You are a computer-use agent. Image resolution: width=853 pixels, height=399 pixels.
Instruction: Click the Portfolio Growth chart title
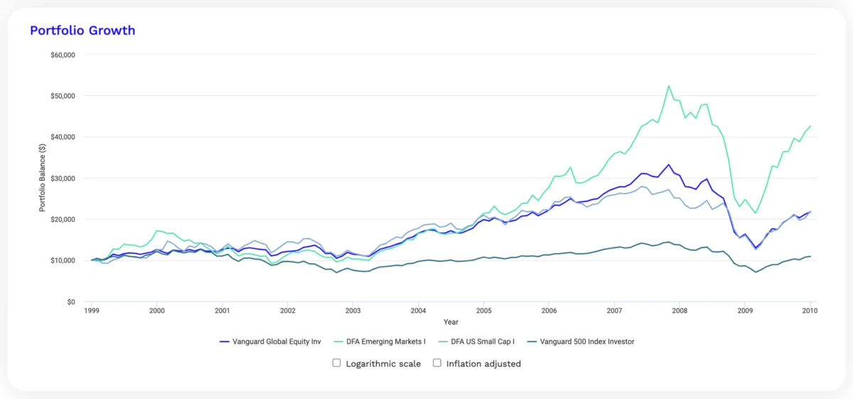[x=82, y=31]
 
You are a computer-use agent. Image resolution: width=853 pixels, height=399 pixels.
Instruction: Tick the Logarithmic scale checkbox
[x=337, y=363]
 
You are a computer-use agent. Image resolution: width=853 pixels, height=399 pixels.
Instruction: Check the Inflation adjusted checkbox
[x=437, y=363]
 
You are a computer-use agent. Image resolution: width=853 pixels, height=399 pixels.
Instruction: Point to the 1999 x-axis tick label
[x=91, y=311]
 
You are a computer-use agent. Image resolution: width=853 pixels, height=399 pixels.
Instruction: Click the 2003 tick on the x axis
[x=353, y=311]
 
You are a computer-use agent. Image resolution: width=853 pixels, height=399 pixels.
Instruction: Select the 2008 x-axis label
[x=680, y=311]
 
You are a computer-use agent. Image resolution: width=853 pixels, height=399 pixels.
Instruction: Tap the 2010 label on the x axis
[x=810, y=311]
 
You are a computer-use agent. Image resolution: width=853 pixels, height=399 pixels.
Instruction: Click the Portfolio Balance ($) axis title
[x=42, y=178]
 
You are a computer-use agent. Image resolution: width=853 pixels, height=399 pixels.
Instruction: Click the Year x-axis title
[x=451, y=321]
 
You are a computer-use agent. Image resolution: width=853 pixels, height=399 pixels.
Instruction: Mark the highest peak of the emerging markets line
[x=669, y=85]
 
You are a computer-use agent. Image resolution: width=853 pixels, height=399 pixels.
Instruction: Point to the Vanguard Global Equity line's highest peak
[x=669, y=164]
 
